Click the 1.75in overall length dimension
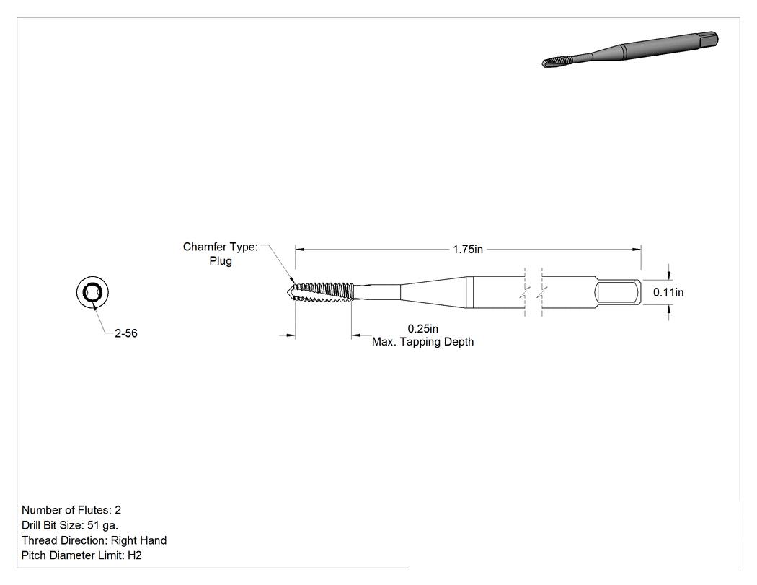[468, 250]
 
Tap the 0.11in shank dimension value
[668, 292]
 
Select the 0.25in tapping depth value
[423, 328]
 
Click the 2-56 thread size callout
[126, 333]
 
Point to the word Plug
[221, 261]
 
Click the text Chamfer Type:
[220, 247]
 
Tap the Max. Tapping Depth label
[423, 342]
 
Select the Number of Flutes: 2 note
[71, 510]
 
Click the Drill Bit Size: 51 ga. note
[70, 525]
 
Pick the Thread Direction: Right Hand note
[94, 540]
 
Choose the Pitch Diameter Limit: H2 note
[81, 555]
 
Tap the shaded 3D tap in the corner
[630, 50]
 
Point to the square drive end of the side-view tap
[618, 292]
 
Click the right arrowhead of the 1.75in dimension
[637, 250]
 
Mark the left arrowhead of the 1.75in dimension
[300, 250]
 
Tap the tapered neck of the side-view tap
[433, 291]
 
